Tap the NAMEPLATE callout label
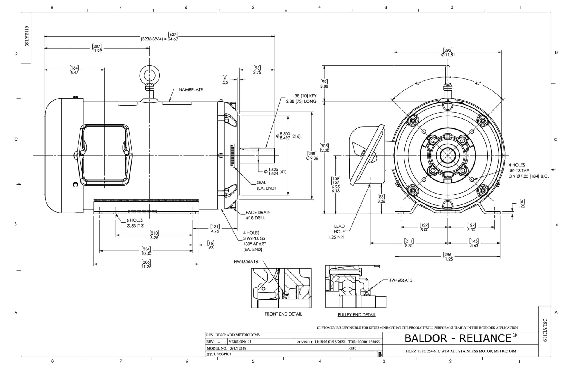pyautogui.click(x=191, y=90)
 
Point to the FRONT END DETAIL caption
pyautogui.click(x=283, y=314)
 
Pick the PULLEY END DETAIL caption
pyautogui.click(x=356, y=315)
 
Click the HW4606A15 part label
pyautogui.click(x=400, y=280)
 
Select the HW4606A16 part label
pyautogui.click(x=246, y=262)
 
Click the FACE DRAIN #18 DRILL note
pyautogui.click(x=258, y=215)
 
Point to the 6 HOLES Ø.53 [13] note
pyautogui.click(x=135, y=223)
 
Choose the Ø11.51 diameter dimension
pyautogui.click(x=448, y=55)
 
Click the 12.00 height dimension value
pyautogui.click(x=324, y=150)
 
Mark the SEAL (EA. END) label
pyautogui.click(x=266, y=185)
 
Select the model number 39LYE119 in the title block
pyautogui.click(x=238, y=348)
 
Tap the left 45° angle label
pyautogui.click(x=418, y=83)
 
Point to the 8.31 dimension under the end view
pyautogui.click(x=409, y=245)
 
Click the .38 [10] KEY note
pyautogui.click(x=305, y=96)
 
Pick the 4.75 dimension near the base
pyautogui.click(x=215, y=231)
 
